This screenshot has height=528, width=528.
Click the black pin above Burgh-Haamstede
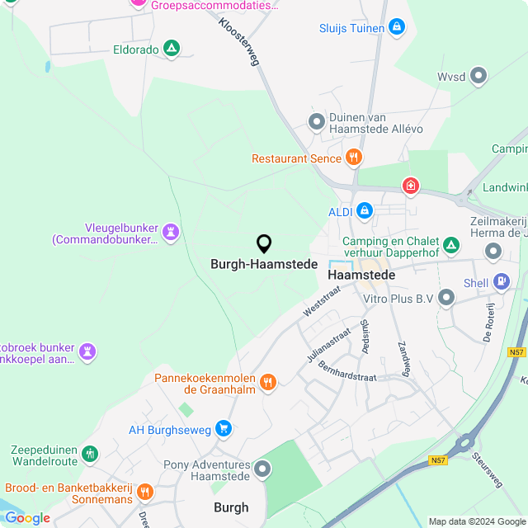(x=264, y=243)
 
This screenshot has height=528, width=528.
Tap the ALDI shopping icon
(x=364, y=211)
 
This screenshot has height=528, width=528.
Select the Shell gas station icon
(x=500, y=281)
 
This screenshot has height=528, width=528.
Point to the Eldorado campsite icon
(x=171, y=49)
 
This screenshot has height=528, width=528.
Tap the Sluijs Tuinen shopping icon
(x=397, y=27)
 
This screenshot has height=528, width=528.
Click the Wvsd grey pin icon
(x=478, y=77)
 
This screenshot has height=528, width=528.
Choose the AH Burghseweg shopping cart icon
(x=223, y=428)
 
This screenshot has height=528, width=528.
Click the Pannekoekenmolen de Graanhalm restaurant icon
(x=267, y=381)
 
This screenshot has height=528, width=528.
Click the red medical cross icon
(x=410, y=186)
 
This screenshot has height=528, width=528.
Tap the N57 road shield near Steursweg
(x=438, y=460)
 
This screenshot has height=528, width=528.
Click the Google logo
(x=27, y=518)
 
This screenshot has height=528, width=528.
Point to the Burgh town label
(x=231, y=507)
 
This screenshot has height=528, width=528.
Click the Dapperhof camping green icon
(x=450, y=245)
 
